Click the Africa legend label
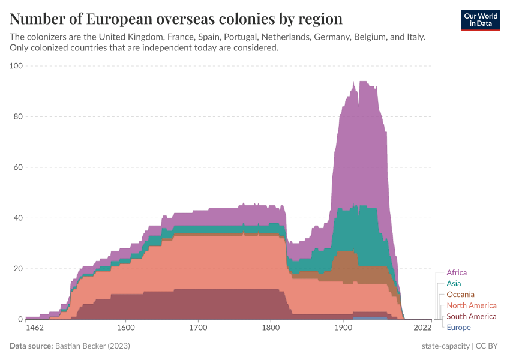click(x=457, y=272)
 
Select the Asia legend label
click(x=454, y=283)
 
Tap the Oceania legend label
click(x=460, y=295)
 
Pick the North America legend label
click(x=472, y=305)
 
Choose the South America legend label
click(x=472, y=316)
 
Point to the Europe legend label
click(x=458, y=327)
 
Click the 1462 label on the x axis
click(x=35, y=328)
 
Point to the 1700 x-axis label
click(x=198, y=328)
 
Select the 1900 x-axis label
click(x=343, y=328)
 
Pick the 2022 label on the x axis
click(x=422, y=328)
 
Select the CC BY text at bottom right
click(x=487, y=346)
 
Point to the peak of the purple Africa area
click(x=362, y=82)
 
